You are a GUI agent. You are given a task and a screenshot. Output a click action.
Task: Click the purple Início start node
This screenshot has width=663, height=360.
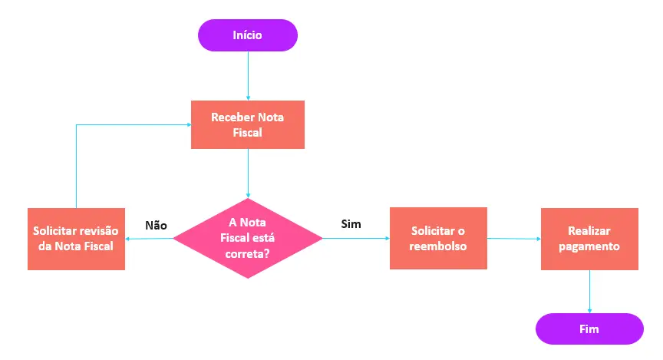[247, 35]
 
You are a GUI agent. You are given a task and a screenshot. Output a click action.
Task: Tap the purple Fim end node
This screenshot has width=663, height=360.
[589, 329]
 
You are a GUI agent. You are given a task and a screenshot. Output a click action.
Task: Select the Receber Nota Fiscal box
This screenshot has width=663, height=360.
[247, 124]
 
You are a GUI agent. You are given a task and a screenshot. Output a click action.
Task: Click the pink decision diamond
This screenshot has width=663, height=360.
[248, 238]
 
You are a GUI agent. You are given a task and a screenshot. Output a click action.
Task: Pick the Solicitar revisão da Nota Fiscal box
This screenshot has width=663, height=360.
[76, 238]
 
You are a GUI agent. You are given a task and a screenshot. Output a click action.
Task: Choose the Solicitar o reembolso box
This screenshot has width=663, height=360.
[438, 238]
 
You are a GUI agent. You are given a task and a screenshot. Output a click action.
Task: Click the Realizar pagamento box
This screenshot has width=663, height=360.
[589, 238]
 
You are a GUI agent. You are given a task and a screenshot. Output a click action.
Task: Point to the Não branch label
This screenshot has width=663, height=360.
[156, 225]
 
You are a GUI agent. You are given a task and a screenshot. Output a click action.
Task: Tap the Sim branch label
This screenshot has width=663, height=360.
[351, 224]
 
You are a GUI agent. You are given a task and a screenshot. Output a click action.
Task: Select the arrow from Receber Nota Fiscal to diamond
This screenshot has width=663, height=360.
[248, 173]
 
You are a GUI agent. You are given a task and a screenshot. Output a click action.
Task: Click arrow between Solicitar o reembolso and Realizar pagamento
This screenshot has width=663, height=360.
[513, 238]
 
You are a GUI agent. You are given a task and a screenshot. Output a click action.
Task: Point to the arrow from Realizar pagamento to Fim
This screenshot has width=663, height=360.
[589, 291]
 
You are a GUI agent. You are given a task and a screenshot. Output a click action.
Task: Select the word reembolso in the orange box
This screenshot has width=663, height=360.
[438, 246]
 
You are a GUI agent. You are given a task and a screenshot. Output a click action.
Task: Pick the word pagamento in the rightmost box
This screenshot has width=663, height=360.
[589, 246]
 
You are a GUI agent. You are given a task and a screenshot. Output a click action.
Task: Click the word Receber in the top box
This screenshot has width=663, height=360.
[233, 117]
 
